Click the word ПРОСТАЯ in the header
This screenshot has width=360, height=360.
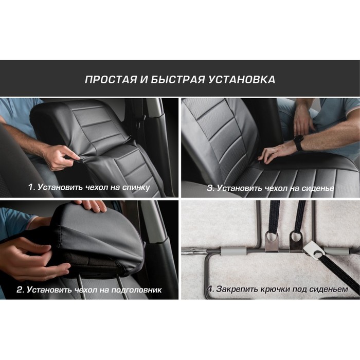pyautogui.click(x=111, y=79)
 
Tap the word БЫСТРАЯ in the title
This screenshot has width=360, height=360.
pyautogui.click(x=178, y=79)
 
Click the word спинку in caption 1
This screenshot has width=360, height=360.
pyautogui.click(x=136, y=188)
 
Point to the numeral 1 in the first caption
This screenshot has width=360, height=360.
pyautogui.click(x=31, y=187)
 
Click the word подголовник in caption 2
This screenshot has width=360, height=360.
pyautogui.click(x=136, y=290)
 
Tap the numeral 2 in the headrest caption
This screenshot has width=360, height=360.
pyautogui.click(x=20, y=290)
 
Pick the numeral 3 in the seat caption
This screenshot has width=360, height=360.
pyautogui.click(x=210, y=188)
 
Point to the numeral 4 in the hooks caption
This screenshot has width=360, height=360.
pyautogui.click(x=210, y=289)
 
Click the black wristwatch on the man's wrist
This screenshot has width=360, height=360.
pyautogui.click(x=299, y=142)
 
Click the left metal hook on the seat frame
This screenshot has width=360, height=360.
pyautogui.click(x=272, y=241)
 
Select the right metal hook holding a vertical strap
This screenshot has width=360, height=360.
pyautogui.click(x=296, y=241)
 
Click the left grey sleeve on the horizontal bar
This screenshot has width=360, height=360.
pyautogui.click(x=233, y=251)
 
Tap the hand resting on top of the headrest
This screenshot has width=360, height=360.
pyautogui.click(x=94, y=206)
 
